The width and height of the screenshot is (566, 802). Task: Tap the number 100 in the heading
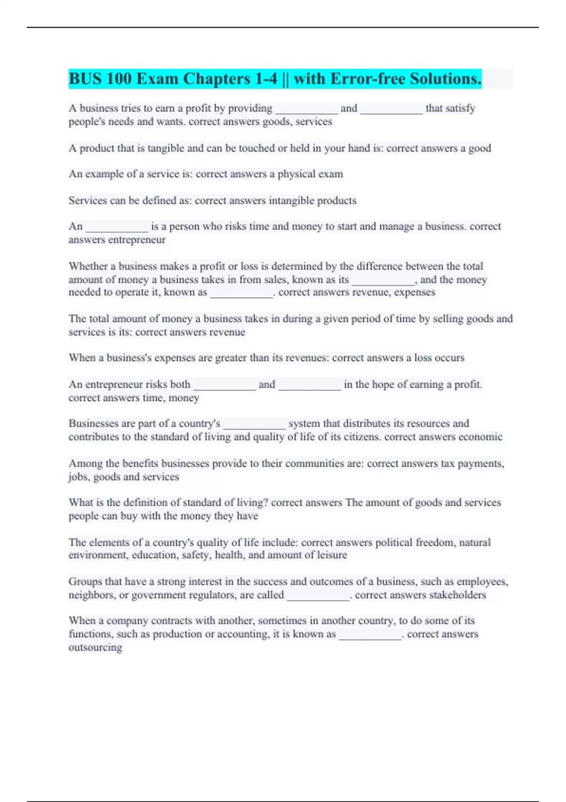point(119,79)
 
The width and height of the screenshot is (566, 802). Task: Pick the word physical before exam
point(297,174)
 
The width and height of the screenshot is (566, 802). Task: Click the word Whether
point(88,266)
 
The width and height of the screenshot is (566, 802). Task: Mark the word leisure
point(330,555)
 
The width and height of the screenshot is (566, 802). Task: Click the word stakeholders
point(457,595)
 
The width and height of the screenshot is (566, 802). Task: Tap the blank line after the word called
point(318,597)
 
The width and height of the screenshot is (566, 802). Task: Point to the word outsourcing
point(95,647)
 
